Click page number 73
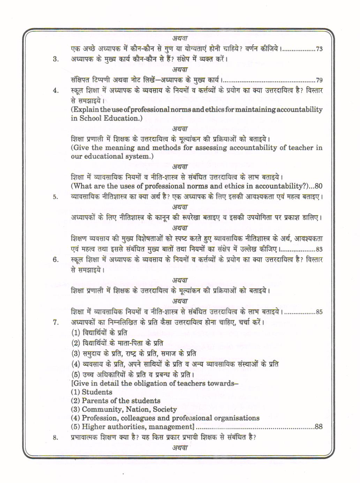coord(319,49)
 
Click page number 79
coord(319,80)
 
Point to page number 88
coord(318,426)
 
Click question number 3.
coord(56,59)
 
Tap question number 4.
coord(56,90)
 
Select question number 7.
coord(56,322)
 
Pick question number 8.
coord(56,437)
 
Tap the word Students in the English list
coord(97,392)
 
